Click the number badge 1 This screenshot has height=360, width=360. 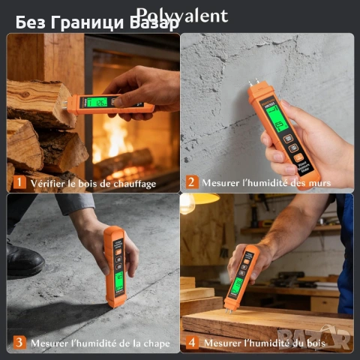pyautogui.click(x=17, y=182)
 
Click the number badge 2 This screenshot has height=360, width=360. pyautogui.click(x=191, y=182)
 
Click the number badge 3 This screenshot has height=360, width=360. pyautogui.click(x=17, y=343)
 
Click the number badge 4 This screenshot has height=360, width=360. pyautogui.click(x=191, y=343)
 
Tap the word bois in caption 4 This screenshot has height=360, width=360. pyautogui.click(x=316, y=343)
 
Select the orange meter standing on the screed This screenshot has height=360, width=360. pyautogui.click(x=116, y=266)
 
